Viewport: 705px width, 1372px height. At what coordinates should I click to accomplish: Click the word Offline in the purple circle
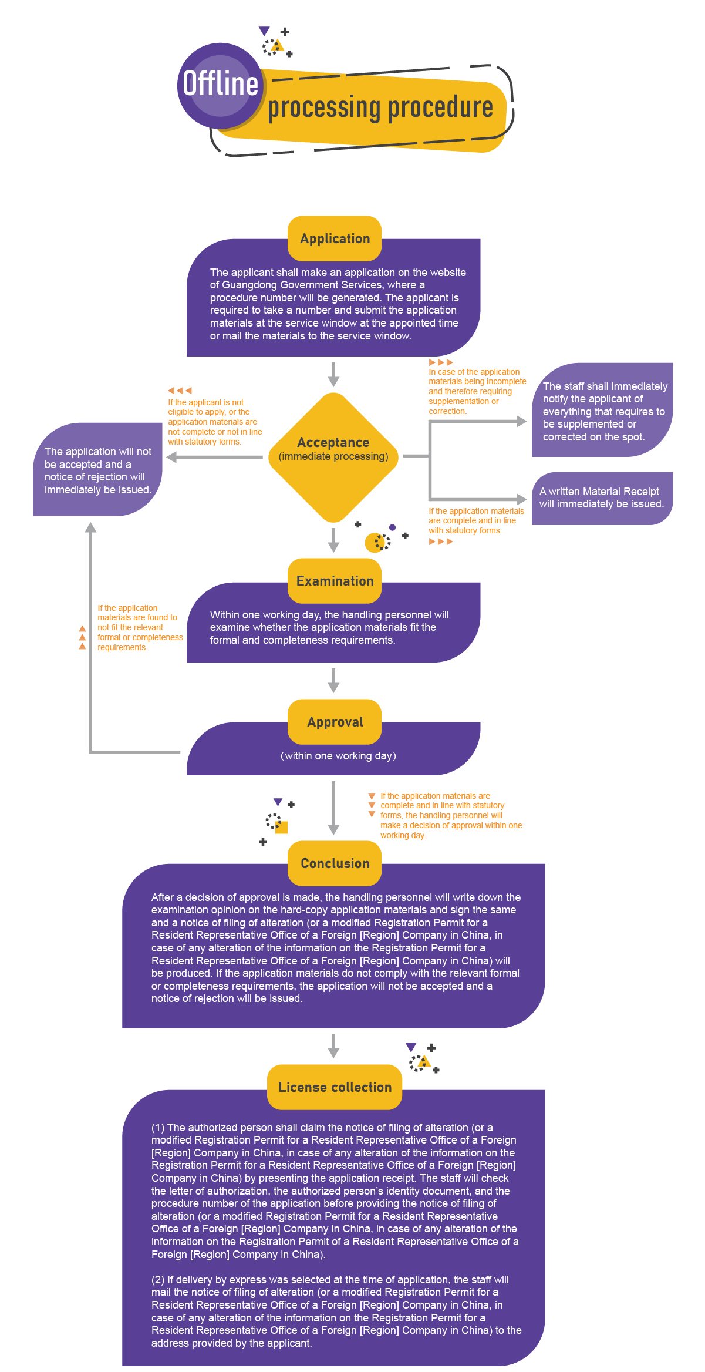(220, 83)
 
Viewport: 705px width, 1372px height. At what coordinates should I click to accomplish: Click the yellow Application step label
(335, 238)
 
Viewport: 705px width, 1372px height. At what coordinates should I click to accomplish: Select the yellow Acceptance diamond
(333, 457)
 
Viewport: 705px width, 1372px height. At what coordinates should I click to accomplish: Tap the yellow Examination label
(335, 581)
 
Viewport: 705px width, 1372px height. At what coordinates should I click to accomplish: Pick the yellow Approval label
(335, 722)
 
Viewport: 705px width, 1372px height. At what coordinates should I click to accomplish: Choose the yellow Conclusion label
(335, 863)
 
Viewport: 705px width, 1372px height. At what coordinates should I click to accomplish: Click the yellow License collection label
(335, 1087)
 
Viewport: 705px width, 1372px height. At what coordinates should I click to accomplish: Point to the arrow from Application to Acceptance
(333, 374)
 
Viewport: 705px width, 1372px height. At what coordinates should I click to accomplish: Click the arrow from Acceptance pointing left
(215, 457)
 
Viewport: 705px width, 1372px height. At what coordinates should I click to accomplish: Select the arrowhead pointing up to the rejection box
(90, 527)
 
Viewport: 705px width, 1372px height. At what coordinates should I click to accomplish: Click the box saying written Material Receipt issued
(602, 498)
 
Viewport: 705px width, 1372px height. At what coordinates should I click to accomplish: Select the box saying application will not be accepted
(97, 470)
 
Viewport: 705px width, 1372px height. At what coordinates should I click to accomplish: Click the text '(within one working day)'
(338, 756)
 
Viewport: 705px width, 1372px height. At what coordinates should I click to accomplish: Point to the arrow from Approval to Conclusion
(333, 808)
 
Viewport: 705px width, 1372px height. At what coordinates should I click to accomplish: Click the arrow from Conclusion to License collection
(333, 1046)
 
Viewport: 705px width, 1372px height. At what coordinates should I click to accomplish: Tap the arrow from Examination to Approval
(333, 680)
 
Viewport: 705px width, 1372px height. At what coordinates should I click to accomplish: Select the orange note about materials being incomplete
(477, 391)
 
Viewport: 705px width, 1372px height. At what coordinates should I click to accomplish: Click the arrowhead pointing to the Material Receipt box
(521, 499)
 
